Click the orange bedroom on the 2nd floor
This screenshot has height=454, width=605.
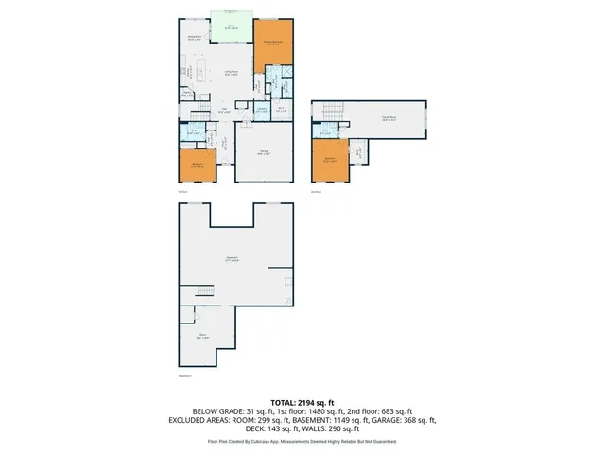[x=330, y=160]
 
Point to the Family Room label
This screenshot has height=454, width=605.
[x=388, y=118]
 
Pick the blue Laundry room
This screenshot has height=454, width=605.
[x=262, y=109]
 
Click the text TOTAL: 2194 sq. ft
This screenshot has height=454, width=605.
[x=302, y=403]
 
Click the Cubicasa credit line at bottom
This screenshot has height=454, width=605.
[x=302, y=441]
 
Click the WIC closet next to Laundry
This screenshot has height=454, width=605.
[x=281, y=109]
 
